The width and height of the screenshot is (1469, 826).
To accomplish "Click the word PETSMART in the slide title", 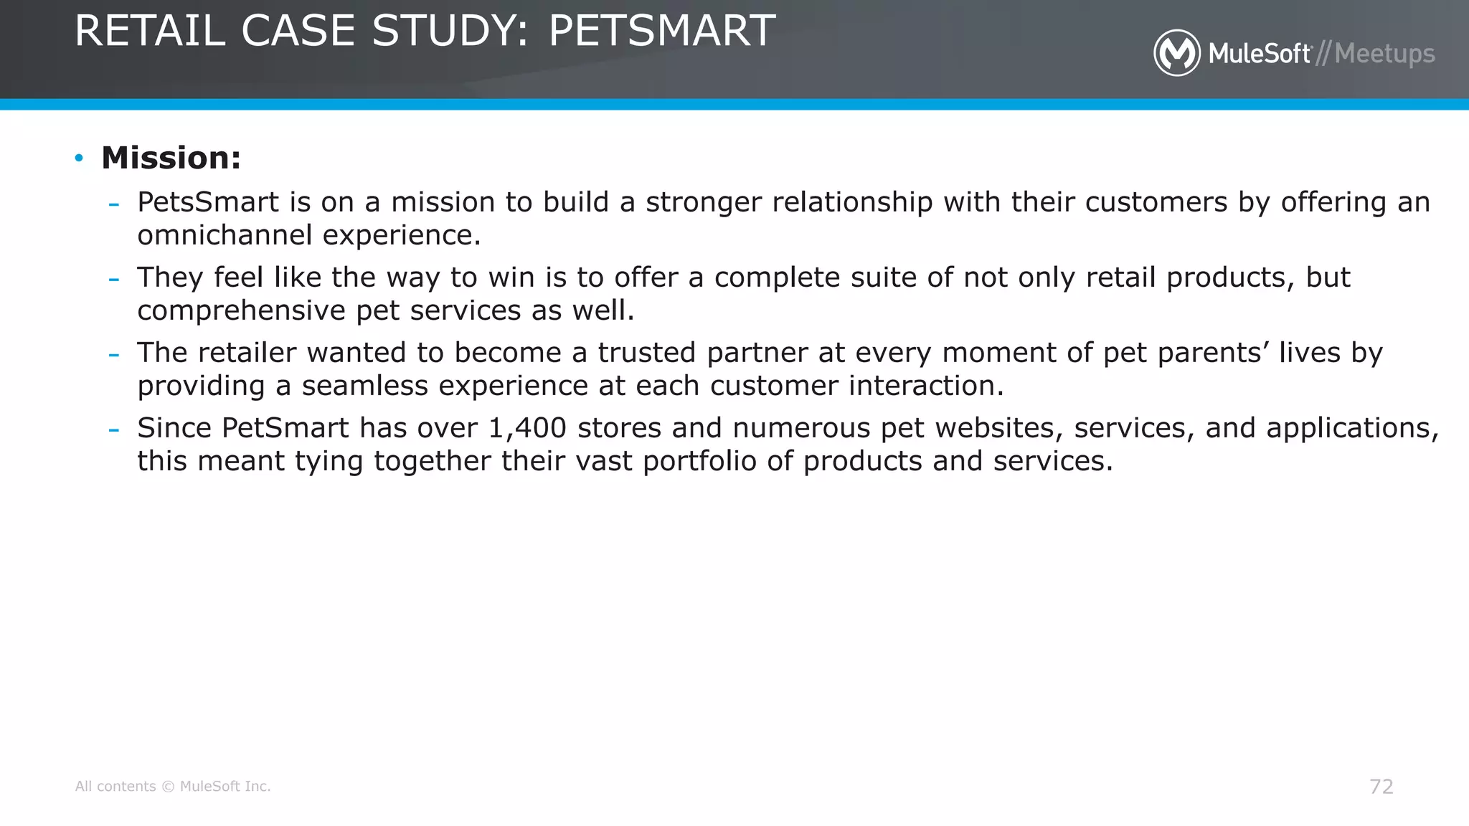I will click(x=661, y=31).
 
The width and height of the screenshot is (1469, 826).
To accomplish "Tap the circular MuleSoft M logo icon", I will click(x=1176, y=53).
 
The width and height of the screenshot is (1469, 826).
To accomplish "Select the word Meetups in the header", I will click(x=1384, y=54).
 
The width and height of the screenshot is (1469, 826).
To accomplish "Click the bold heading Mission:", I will click(x=171, y=158).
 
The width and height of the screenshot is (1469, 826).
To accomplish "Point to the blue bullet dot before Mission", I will click(x=79, y=158).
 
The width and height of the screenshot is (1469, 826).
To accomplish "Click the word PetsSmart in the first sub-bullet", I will click(x=208, y=202).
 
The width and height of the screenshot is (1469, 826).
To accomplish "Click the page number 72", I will click(x=1381, y=787).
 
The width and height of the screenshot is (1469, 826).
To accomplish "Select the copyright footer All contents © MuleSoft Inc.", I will click(x=173, y=787).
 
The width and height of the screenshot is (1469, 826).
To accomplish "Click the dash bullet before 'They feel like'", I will click(x=113, y=279).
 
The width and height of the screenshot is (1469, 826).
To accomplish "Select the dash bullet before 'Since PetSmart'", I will click(x=113, y=429).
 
